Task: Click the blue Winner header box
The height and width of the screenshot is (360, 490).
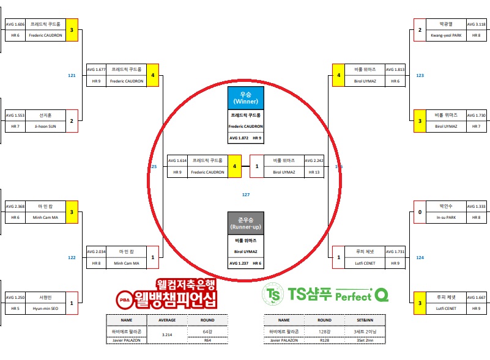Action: [245, 98]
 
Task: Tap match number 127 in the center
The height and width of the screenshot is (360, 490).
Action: [246, 195]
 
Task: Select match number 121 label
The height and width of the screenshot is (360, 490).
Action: [72, 75]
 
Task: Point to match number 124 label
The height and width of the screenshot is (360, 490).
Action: [420, 257]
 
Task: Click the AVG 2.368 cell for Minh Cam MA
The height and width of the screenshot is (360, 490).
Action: [15, 206]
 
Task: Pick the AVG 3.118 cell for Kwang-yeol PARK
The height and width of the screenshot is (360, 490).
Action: [476, 24]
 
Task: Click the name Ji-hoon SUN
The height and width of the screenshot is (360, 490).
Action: [44, 127]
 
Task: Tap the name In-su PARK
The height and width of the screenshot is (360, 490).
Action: [446, 217]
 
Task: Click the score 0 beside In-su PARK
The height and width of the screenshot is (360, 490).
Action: [420, 211]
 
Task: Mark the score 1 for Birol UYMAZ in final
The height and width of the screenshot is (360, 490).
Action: [257, 166]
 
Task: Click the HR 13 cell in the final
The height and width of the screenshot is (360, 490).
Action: [314, 172]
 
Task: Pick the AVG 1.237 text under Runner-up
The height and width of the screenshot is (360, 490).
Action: [239, 263]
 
